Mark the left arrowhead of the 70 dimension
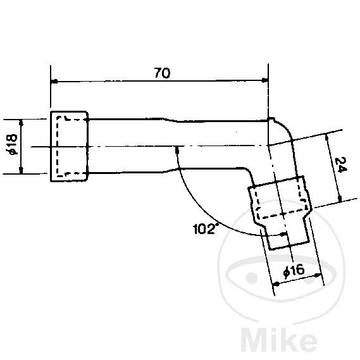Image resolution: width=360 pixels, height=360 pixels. pos(54,82)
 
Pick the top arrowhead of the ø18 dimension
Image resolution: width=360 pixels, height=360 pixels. pos(22,122)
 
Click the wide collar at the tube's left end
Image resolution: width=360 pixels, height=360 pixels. pos(69,146)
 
